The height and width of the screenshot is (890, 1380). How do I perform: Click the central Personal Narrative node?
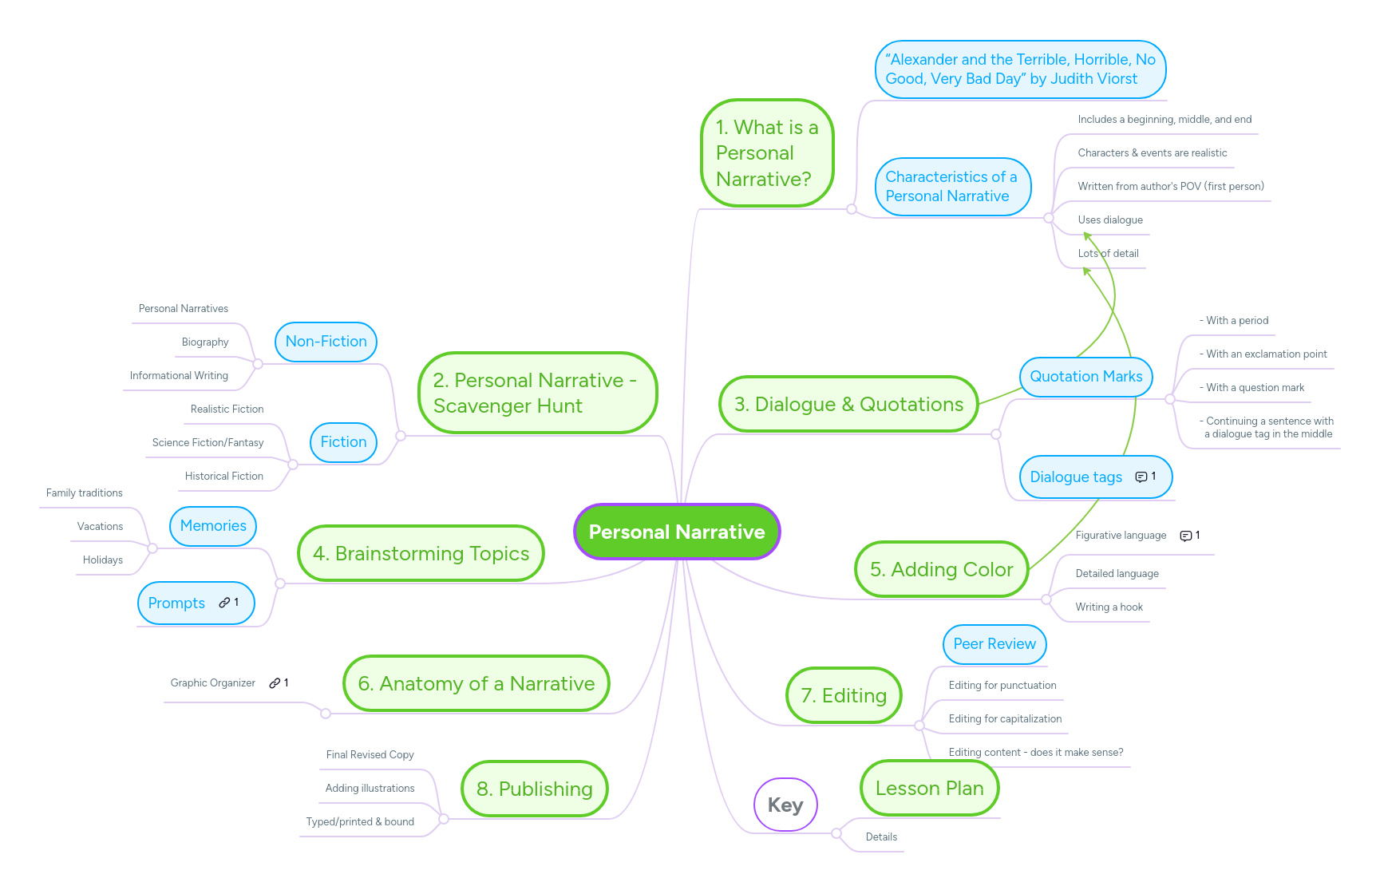[676, 532]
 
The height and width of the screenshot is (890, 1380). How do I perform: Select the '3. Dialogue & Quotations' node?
[848, 405]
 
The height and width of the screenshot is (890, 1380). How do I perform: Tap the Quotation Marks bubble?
[1085, 377]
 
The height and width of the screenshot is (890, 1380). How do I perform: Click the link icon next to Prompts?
[224, 603]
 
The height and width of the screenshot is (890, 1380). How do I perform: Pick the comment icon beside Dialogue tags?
[1141, 477]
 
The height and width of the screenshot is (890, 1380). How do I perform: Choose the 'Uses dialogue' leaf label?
[1109, 220]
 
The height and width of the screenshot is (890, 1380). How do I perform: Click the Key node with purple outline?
[785, 805]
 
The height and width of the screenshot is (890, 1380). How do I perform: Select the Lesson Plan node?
[929, 789]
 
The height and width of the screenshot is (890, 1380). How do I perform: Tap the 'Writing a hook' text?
[1109, 607]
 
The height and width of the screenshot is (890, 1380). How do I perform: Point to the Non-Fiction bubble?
[326, 342]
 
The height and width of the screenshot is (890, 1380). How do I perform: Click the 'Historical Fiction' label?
[223, 477]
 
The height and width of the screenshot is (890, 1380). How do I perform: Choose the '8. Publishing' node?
[534, 789]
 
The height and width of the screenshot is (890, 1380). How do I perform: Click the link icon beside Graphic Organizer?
[275, 683]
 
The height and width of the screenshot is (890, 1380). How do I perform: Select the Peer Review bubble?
[994, 644]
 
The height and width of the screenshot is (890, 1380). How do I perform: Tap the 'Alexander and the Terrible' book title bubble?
[1020, 69]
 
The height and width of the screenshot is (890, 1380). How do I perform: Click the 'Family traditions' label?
[84, 493]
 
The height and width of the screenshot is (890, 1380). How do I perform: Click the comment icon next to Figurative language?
[1185, 536]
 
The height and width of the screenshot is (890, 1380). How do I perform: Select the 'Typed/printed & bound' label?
[360, 822]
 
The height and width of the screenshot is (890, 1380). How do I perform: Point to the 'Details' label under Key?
[881, 837]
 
